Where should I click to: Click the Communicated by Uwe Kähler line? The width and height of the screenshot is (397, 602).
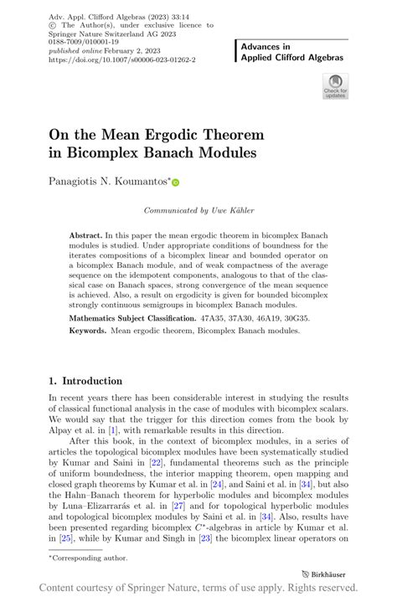tap(198, 212)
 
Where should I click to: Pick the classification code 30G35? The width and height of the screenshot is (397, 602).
tap(311, 319)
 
